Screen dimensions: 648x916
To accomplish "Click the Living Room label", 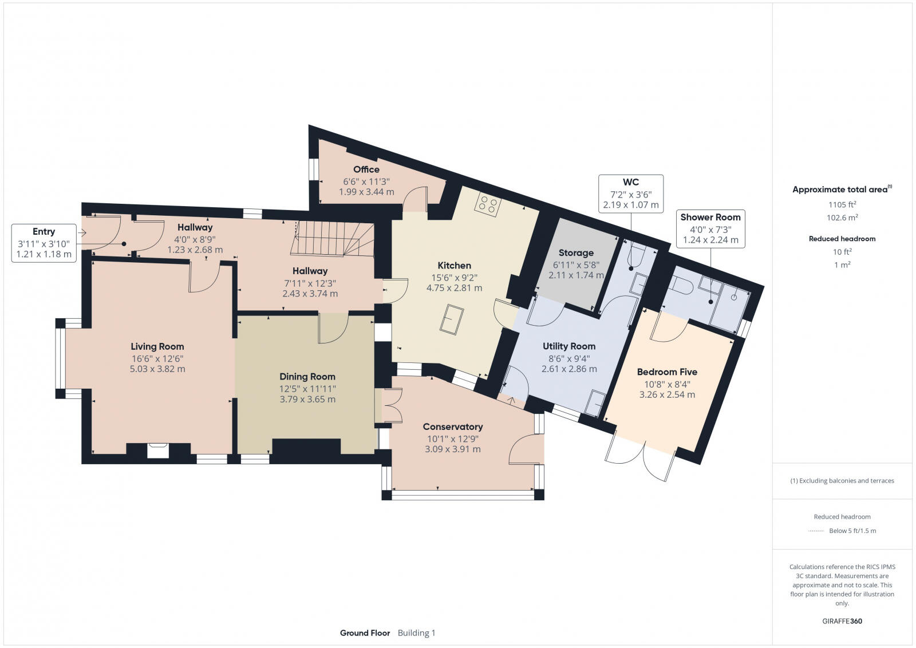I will coord(157,346).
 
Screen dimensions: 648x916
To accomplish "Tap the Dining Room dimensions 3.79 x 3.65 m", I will coord(307,399).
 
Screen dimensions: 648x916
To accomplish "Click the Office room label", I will coord(366,169).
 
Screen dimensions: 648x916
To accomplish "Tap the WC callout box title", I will coord(631,183).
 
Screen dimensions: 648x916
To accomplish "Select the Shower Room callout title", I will coord(710,217).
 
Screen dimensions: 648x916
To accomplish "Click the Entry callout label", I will coord(44,231).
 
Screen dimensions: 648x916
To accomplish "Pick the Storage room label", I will coord(576,252).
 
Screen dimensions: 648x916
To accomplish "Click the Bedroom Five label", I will coord(667,372).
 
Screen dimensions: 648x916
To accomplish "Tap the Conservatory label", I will coord(453,426).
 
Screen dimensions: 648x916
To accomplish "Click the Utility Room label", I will coord(569,346).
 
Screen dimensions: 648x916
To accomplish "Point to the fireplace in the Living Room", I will coord(158,451).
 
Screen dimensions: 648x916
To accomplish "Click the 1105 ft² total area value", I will coord(842,204).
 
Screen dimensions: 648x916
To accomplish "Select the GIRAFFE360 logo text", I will coord(842,621).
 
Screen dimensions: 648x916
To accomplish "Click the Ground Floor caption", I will coord(365,633).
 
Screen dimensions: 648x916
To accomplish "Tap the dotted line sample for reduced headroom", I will coord(815,531).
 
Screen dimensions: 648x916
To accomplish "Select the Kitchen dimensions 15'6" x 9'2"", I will coord(455,277).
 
